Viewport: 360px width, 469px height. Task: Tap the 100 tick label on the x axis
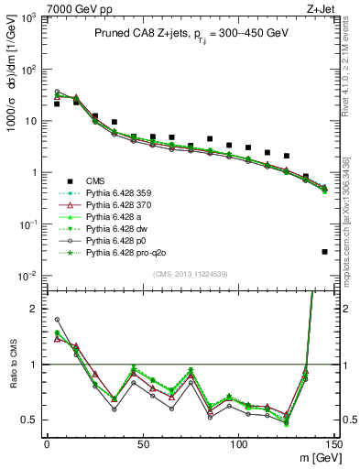click(x=238, y=443)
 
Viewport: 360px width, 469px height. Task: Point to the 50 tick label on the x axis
click(x=142, y=443)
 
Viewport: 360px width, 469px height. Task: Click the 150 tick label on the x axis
click(x=333, y=443)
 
